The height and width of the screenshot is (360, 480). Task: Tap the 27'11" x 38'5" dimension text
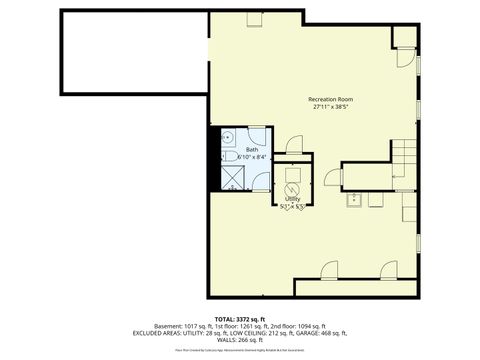click(x=330, y=108)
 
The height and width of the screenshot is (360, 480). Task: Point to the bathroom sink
click(x=227, y=138)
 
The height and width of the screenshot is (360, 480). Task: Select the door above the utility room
click(x=293, y=144)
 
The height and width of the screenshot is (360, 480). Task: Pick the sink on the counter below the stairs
click(x=354, y=199)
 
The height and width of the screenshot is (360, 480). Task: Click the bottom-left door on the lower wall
click(x=328, y=271)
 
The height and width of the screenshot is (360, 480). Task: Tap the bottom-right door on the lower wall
click(x=389, y=270)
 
